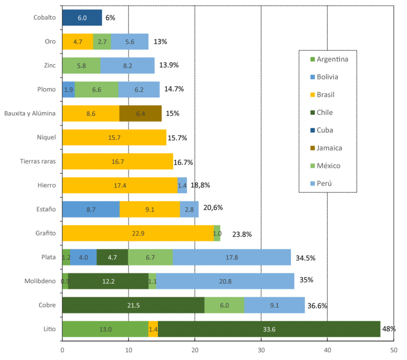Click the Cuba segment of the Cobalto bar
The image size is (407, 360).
82,17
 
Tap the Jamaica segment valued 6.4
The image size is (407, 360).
140,113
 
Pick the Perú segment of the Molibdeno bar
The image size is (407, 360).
225,281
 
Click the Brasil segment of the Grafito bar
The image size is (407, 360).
138,233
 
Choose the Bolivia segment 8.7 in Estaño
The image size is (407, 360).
91,209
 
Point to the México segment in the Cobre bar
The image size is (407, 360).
224,305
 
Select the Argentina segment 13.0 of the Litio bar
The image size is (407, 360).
105,329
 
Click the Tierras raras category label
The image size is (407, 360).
37,161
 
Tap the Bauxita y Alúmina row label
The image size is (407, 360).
30,113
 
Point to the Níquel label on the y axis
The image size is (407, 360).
45,137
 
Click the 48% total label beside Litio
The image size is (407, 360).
388,329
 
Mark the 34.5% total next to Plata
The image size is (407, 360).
305,258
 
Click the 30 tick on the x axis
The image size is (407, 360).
261,350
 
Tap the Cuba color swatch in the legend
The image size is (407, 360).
312,130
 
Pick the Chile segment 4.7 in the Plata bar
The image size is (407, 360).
112,257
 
